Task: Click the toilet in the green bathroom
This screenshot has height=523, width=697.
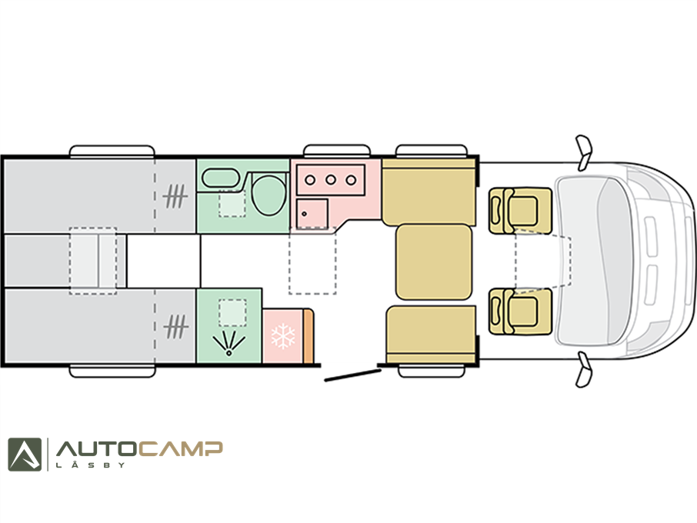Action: click(268, 195)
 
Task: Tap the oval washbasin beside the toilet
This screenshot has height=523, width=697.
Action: click(221, 178)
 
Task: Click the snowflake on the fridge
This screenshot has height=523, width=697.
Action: click(283, 336)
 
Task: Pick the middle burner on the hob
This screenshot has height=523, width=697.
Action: click(330, 180)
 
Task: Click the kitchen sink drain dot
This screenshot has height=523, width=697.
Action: click(305, 214)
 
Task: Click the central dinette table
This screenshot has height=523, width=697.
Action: click(433, 261)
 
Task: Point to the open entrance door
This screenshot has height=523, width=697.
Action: click(353, 375)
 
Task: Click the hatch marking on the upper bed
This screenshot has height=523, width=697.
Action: click(175, 196)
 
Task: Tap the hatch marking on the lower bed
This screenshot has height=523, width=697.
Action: click(175, 327)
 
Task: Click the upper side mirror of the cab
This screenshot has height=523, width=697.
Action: click(584, 152)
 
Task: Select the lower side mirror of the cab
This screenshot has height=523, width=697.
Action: click(584, 370)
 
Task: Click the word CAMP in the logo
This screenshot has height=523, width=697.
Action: click(180, 449)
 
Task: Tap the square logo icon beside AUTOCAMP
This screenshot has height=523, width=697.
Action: click(25, 455)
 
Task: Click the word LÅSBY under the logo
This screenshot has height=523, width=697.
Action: click(90, 465)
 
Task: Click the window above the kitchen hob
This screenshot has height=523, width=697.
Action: click(337, 151)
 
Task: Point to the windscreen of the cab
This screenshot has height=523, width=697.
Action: click(595, 261)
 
